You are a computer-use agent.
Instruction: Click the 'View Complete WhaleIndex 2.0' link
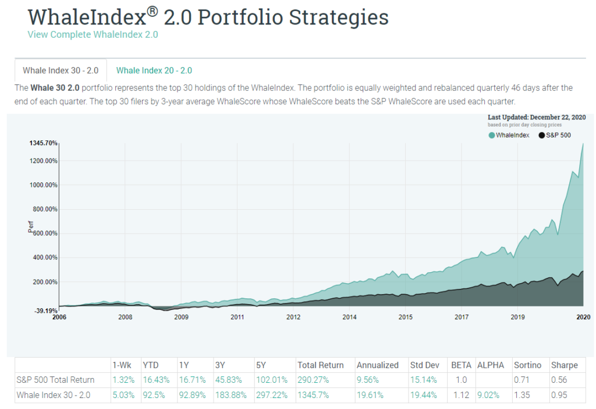click(93, 34)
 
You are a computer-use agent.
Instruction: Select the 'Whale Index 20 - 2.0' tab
click(154, 70)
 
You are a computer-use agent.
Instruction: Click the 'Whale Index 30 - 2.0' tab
click(61, 70)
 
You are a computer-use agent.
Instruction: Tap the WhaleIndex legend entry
click(509, 135)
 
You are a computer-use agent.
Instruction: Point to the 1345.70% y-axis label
click(43, 143)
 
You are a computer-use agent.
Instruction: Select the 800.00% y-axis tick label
click(44, 209)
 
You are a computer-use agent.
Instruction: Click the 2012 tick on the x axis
click(293, 317)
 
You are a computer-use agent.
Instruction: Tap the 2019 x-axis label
click(518, 317)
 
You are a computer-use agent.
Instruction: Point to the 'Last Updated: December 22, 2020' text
click(537, 117)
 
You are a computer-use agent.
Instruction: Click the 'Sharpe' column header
click(564, 365)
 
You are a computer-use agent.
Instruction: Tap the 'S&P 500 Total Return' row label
click(56, 380)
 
